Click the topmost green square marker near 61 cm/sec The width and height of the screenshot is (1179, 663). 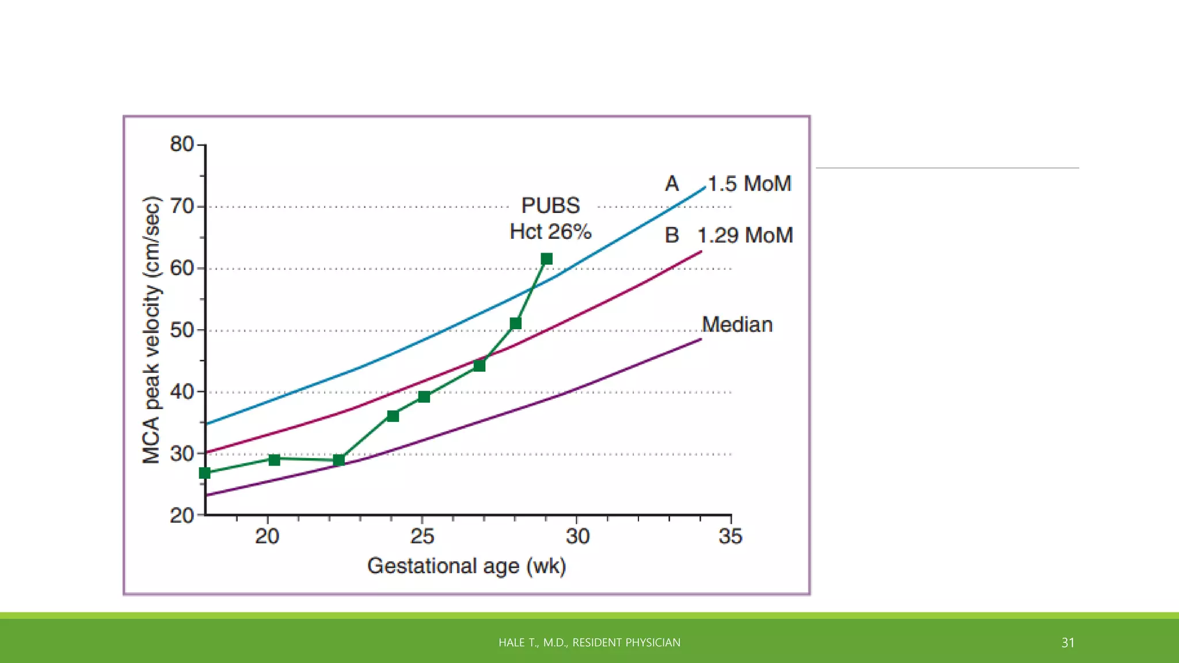(x=547, y=259)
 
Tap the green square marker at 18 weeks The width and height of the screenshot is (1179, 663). (x=205, y=473)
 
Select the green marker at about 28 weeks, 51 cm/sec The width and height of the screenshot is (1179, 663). (x=516, y=323)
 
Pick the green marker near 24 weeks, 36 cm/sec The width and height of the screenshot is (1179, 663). (x=393, y=416)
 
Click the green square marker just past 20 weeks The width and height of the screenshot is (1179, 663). (x=275, y=459)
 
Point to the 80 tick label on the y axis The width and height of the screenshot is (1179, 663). (x=182, y=144)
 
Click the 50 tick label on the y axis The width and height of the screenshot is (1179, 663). (x=182, y=330)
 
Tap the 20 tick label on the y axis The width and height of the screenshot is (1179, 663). (x=182, y=516)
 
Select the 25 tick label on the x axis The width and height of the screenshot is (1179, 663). (x=422, y=536)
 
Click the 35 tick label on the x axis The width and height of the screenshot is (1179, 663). (x=731, y=536)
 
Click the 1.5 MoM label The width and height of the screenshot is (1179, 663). (x=750, y=184)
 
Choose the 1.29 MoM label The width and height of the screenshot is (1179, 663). (x=745, y=235)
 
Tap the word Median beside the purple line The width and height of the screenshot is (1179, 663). (x=737, y=325)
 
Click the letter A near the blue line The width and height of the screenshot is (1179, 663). (x=672, y=184)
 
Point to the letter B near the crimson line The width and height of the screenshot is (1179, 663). (x=672, y=235)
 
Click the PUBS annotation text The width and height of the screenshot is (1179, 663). (x=550, y=205)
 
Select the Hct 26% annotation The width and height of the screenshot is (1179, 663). (x=550, y=232)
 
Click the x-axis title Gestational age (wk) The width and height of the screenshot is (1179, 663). (x=467, y=566)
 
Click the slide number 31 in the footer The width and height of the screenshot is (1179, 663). (x=1068, y=643)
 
